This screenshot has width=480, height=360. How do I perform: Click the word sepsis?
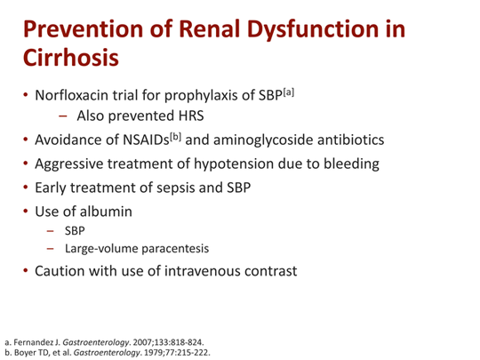[187, 188]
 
